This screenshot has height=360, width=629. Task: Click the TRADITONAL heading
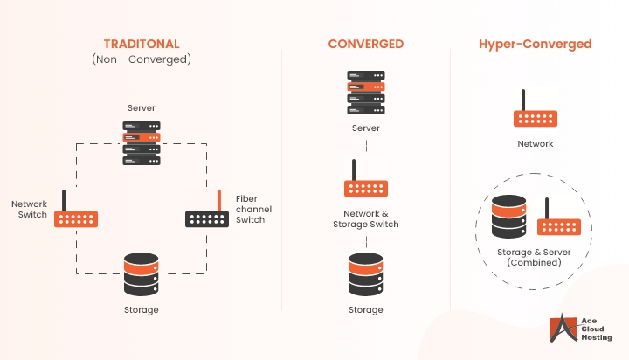pos(142,44)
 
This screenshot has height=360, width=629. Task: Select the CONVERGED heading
pos(364,44)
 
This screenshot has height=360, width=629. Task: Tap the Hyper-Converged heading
pos(535,44)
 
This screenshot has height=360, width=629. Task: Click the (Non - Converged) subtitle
pos(142,59)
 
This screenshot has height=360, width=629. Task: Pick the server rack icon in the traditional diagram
pos(142,143)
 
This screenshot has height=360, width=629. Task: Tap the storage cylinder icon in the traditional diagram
pos(142,273)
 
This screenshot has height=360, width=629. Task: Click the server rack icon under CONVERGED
pos(365,93)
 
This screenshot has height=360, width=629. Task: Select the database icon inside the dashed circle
pos(508,216)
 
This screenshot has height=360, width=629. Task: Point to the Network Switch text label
pos(30,209)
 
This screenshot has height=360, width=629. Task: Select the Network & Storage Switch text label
pos(365,218)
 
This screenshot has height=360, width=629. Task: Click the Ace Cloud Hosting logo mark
pos(559,329)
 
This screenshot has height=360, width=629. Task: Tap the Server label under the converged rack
pos(365,128)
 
